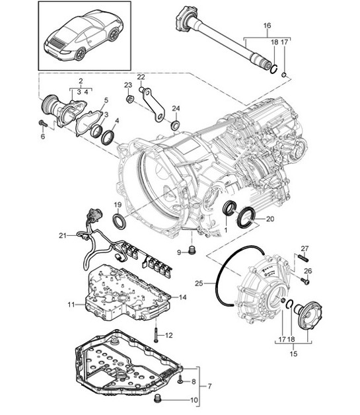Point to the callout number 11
coord(71,304)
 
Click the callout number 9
coord(179,252)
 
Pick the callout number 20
coord(270,219)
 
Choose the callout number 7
coord(210,385)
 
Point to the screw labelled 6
coord(42,124)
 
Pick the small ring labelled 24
coord(175,125)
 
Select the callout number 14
coord(183,298)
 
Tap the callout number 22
coord(141,77)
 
